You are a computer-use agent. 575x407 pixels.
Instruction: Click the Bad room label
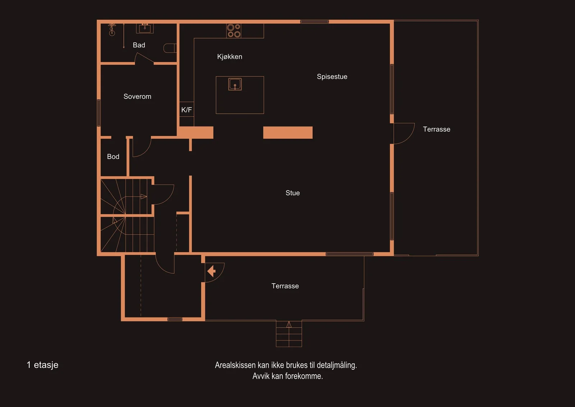tap(139, 45)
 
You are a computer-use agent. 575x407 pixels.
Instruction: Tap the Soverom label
tap(137, 97)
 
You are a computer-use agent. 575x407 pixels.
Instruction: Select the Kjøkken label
tap(230, 57)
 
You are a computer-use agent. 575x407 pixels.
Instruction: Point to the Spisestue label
tap(332, 77)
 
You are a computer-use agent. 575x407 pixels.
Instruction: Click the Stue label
tap(293, 193)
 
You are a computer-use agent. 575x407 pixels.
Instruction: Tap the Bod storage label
tap(113, 157)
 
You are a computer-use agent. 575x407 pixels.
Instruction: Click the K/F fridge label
tap(187, 110)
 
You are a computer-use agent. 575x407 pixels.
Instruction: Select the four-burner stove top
tap(234, 31)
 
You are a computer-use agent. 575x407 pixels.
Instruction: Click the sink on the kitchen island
tap(235, 84)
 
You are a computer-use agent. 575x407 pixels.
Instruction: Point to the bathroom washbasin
tap(145, 28)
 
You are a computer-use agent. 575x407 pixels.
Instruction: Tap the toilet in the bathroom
tap(170, 48)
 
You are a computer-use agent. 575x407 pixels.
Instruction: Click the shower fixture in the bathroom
tap(112, 29)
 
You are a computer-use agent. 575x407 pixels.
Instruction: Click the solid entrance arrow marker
tap(211, 271)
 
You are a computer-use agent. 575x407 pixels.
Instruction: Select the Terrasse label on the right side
tap(436, 129)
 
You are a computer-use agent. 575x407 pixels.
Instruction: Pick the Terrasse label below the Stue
tap(285, 286)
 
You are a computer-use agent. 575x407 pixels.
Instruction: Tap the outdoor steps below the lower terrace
tap(289, 334)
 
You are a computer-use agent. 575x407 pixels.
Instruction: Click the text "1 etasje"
tap(42, 365)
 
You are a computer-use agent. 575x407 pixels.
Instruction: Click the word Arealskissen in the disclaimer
tap(235, 365)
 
